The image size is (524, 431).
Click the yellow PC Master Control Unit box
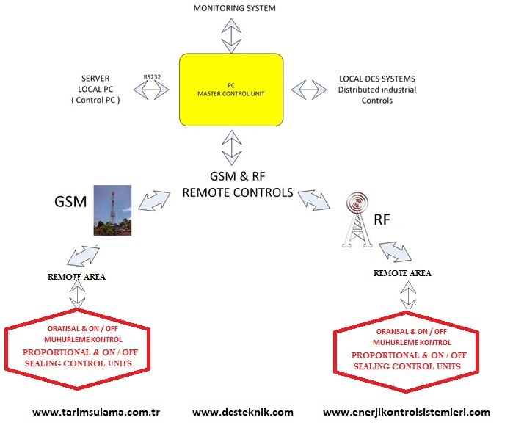point(231,90)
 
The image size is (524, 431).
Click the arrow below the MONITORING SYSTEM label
point(231,34)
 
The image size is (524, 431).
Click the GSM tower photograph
point(112,210)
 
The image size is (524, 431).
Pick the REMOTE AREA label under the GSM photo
point(76,278)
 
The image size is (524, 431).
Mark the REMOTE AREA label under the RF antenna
point(402,273)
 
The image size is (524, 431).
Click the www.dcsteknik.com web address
point(243,412)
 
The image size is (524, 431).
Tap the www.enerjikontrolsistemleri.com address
point(406,412)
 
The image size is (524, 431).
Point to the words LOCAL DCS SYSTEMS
point(376,79)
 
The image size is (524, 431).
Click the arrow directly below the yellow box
point(231,147)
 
